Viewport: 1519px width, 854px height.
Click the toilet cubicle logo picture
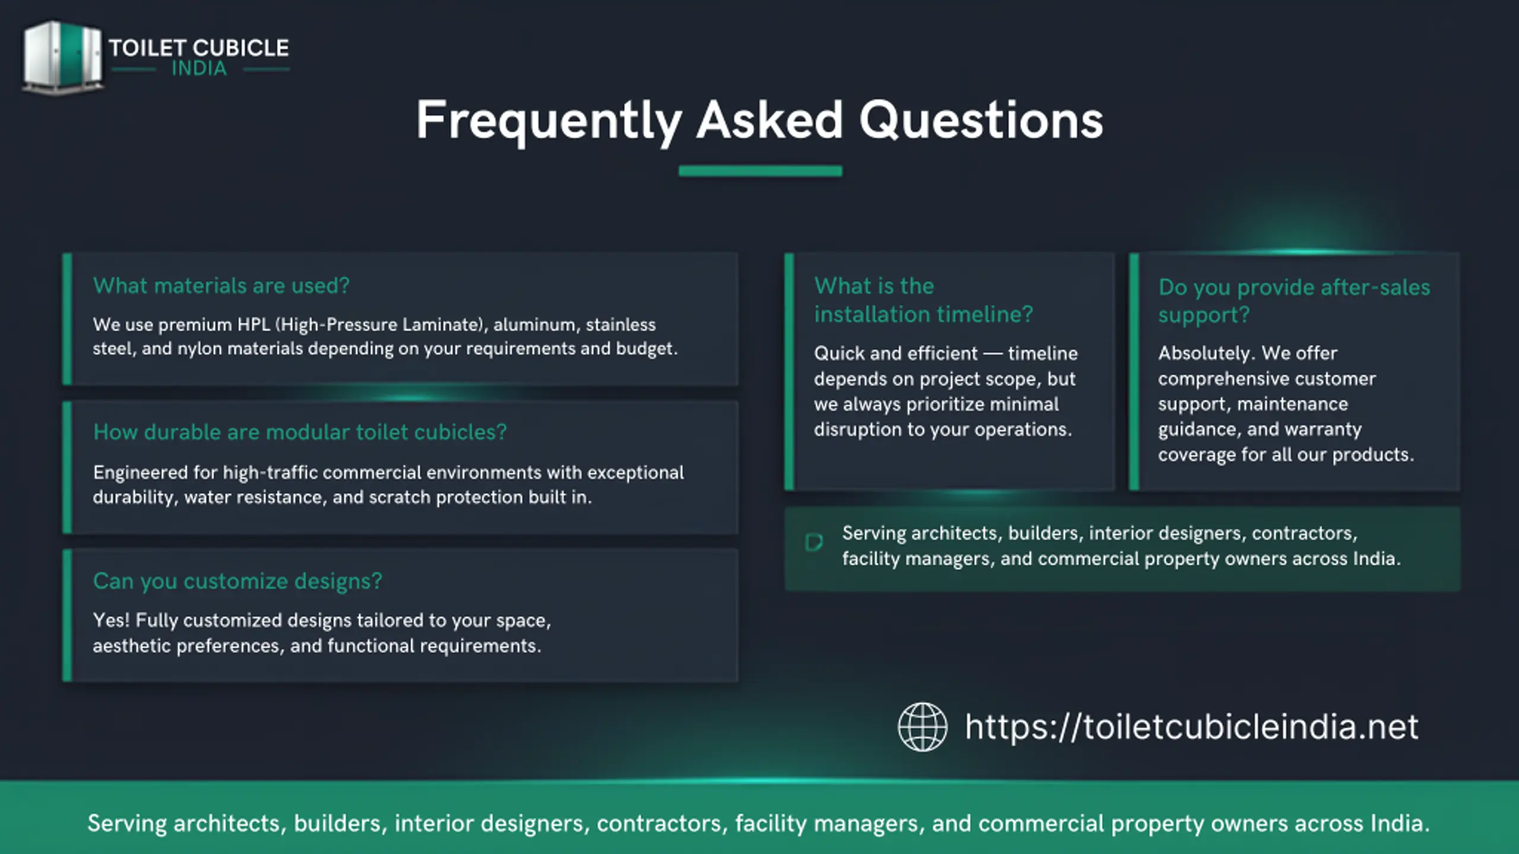click(62, 58)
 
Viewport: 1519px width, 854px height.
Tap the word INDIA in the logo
click(199, 69)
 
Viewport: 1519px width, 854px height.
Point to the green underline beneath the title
click(760, 171)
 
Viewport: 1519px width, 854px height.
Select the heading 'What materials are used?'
click(221, 286)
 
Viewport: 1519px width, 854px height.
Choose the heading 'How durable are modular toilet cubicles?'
click(300, 432)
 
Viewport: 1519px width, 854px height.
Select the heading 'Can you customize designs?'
click(237, 581)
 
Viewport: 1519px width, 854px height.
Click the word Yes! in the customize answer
click(111, 620)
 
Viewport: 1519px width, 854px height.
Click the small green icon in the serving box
click(813, 542)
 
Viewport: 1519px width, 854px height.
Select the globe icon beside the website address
click(923, 727)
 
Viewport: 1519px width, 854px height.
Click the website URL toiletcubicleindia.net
click(1191, 728)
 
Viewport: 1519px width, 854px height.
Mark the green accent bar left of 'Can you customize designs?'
click(67, 616)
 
